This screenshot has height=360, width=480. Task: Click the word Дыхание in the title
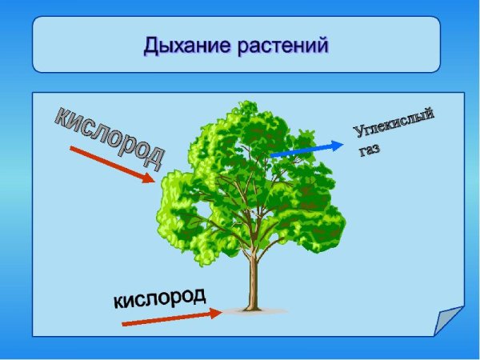(x=185, y=45)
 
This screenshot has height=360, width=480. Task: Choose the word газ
(x=369, y=149)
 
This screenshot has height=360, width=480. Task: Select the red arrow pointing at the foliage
(x=111, y=165)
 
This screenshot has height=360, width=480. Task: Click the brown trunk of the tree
(x=254, y=280)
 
